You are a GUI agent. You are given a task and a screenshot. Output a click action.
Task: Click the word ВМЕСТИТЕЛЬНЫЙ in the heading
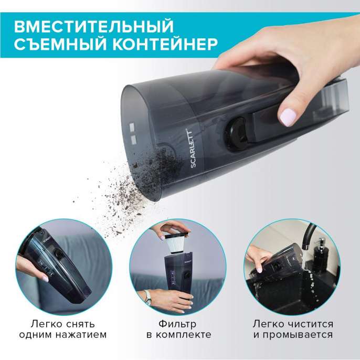tap(93, 26)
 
